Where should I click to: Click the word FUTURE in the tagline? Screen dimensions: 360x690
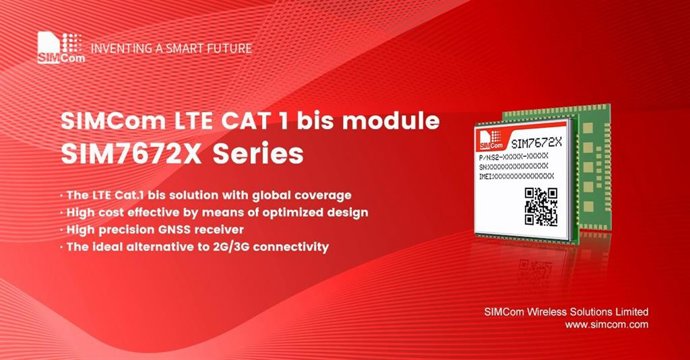(x=229, y=48)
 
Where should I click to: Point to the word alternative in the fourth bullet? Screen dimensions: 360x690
(x=173, y=247)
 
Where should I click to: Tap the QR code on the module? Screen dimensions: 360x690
(x=541, y=205)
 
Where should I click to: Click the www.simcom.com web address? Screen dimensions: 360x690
(x=606, y=325)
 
